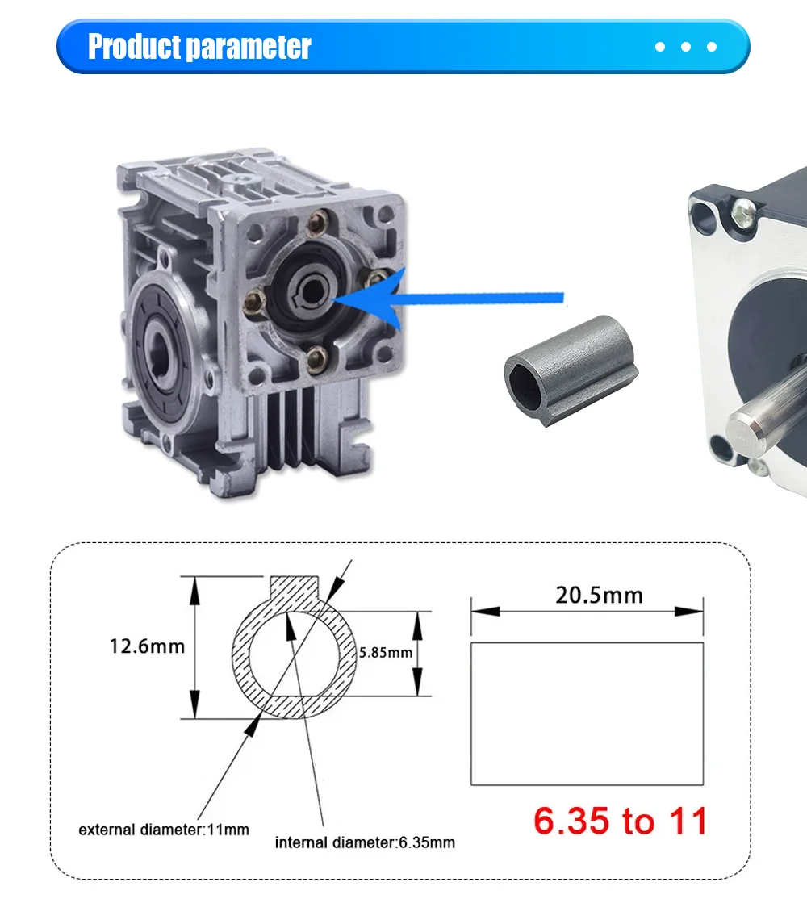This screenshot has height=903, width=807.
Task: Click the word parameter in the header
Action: coord(248,48)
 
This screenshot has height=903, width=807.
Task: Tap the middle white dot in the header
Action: coord(685,47)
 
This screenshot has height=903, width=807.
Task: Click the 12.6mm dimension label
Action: coord(147,646)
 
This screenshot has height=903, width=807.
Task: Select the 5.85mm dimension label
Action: coord(387,653)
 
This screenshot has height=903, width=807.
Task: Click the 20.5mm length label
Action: coord(599,596)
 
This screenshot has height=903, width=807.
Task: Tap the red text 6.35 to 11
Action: coord(620,821)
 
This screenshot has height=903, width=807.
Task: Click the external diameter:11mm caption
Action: coord(163,830)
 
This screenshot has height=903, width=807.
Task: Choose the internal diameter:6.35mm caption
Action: coord(365,842)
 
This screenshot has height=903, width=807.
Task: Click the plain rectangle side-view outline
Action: coord(587,713)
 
